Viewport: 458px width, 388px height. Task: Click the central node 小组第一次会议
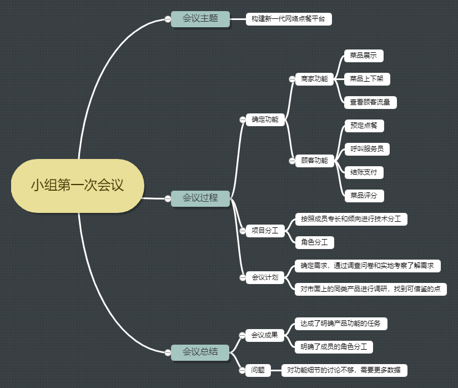77,185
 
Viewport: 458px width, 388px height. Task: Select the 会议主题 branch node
200,19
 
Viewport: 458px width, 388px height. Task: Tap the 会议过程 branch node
200,197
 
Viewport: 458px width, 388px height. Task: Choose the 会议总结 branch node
200,352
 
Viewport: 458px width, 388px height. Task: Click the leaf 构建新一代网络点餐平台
288,19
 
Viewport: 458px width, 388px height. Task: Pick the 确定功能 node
265,119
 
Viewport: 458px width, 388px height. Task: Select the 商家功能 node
314,79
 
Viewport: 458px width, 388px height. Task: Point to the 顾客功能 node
314,161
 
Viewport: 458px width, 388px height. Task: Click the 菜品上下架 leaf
366,79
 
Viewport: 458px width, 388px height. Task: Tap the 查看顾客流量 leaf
370,102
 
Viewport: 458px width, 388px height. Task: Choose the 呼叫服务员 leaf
366,149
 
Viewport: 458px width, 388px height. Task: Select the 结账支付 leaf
364,172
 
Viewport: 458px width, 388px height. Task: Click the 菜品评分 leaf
364,196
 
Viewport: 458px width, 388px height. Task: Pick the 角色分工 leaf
314,242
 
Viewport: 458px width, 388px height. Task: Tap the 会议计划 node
265,277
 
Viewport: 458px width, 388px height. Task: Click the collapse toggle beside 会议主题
167,19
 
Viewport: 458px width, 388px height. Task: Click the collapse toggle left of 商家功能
292,79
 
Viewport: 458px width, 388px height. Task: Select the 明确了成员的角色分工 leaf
333,347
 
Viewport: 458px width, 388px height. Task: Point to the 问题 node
258,370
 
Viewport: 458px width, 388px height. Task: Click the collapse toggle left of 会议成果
242,335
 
